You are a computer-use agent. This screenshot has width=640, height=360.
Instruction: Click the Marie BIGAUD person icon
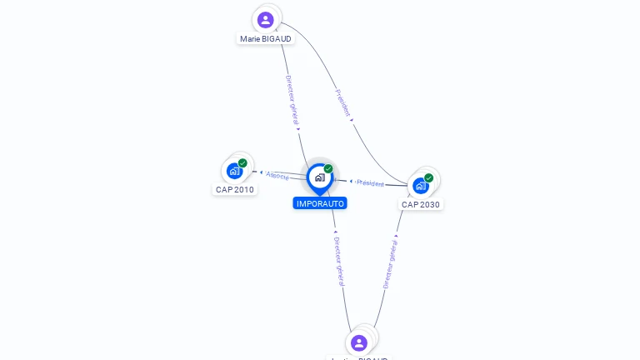point(266,19)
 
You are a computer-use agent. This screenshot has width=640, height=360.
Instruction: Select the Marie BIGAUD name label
point(266,38)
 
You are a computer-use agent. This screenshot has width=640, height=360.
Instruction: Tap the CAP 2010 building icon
point(235,171)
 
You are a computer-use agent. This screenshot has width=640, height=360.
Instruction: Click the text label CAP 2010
point(235,189)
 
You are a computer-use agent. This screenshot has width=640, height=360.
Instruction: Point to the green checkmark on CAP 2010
point(242,163)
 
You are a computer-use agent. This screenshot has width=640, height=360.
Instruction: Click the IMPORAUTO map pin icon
point(320,177)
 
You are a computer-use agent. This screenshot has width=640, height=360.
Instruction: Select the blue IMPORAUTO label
point(320,203)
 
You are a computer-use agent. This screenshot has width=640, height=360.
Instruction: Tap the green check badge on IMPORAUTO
point(328,169)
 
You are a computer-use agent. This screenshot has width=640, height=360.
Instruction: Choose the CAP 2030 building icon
point(421,185)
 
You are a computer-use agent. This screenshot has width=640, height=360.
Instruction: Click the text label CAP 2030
point(421,204)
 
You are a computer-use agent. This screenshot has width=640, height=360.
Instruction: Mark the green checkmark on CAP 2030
point(428,177)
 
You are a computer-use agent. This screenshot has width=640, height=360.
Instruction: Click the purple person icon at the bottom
point(359,342)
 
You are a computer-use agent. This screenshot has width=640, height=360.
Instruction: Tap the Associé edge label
point(277,176)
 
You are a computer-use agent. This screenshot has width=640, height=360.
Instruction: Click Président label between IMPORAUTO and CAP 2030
point(371,183)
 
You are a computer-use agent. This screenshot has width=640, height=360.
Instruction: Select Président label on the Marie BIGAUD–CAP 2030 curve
point(342,102)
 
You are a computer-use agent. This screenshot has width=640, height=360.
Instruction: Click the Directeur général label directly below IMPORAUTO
point(338,260)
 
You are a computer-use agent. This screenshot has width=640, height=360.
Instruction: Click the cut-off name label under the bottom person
point(359,358)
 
